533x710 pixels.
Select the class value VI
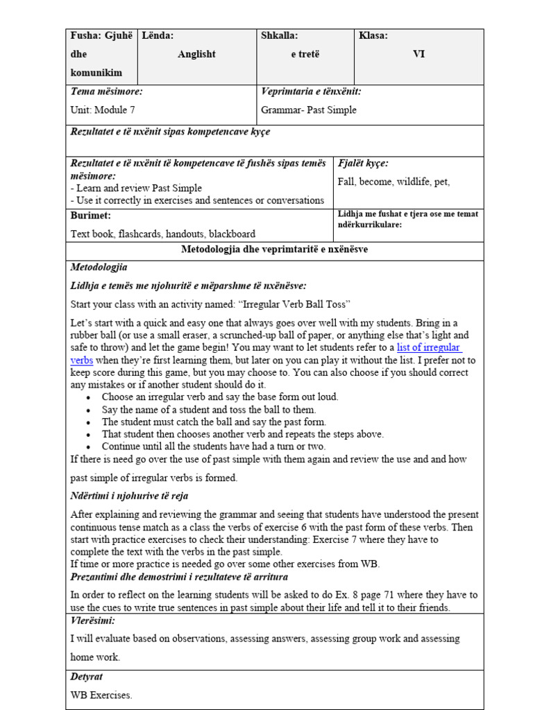418,54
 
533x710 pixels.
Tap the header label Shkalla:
279,36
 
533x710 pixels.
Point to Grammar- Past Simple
309,110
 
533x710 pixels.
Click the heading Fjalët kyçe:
363,164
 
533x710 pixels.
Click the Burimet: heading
91,216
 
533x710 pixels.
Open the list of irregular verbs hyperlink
428,347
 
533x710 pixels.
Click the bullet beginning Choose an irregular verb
210,397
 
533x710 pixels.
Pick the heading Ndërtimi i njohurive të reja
129,496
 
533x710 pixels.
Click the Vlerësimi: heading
93,621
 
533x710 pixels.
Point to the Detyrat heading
87,676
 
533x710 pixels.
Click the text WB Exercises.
101,694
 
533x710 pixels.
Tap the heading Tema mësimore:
107,92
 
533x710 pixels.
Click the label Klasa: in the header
373,36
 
